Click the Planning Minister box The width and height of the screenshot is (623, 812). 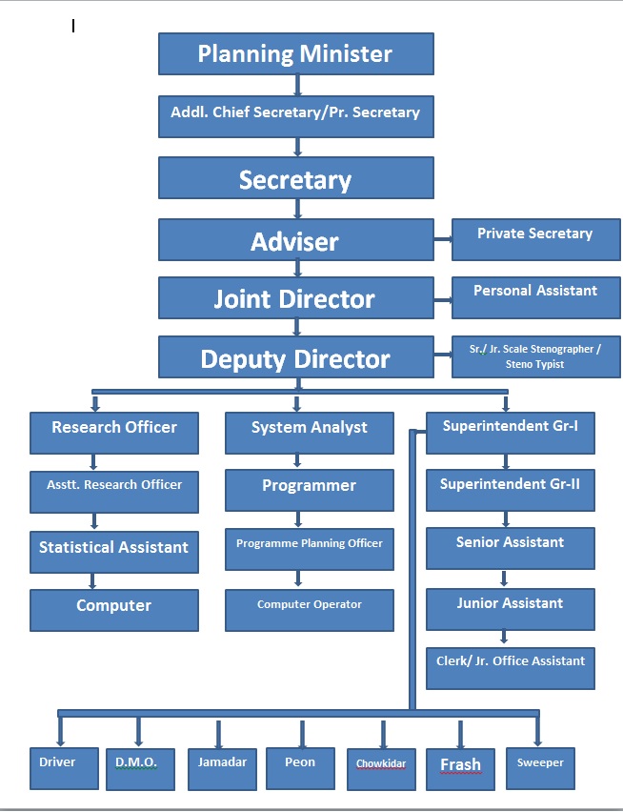click(x=295, y=54)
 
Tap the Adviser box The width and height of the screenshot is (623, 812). click(x=295, y=240)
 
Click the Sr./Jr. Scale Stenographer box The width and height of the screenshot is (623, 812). click(x=535, y=356)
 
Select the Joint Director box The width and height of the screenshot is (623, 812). click(x=295, y=298)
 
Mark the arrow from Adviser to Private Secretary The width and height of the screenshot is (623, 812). click(x=443, y=242)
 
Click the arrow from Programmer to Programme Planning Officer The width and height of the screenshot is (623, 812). click(x=299, y=519)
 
